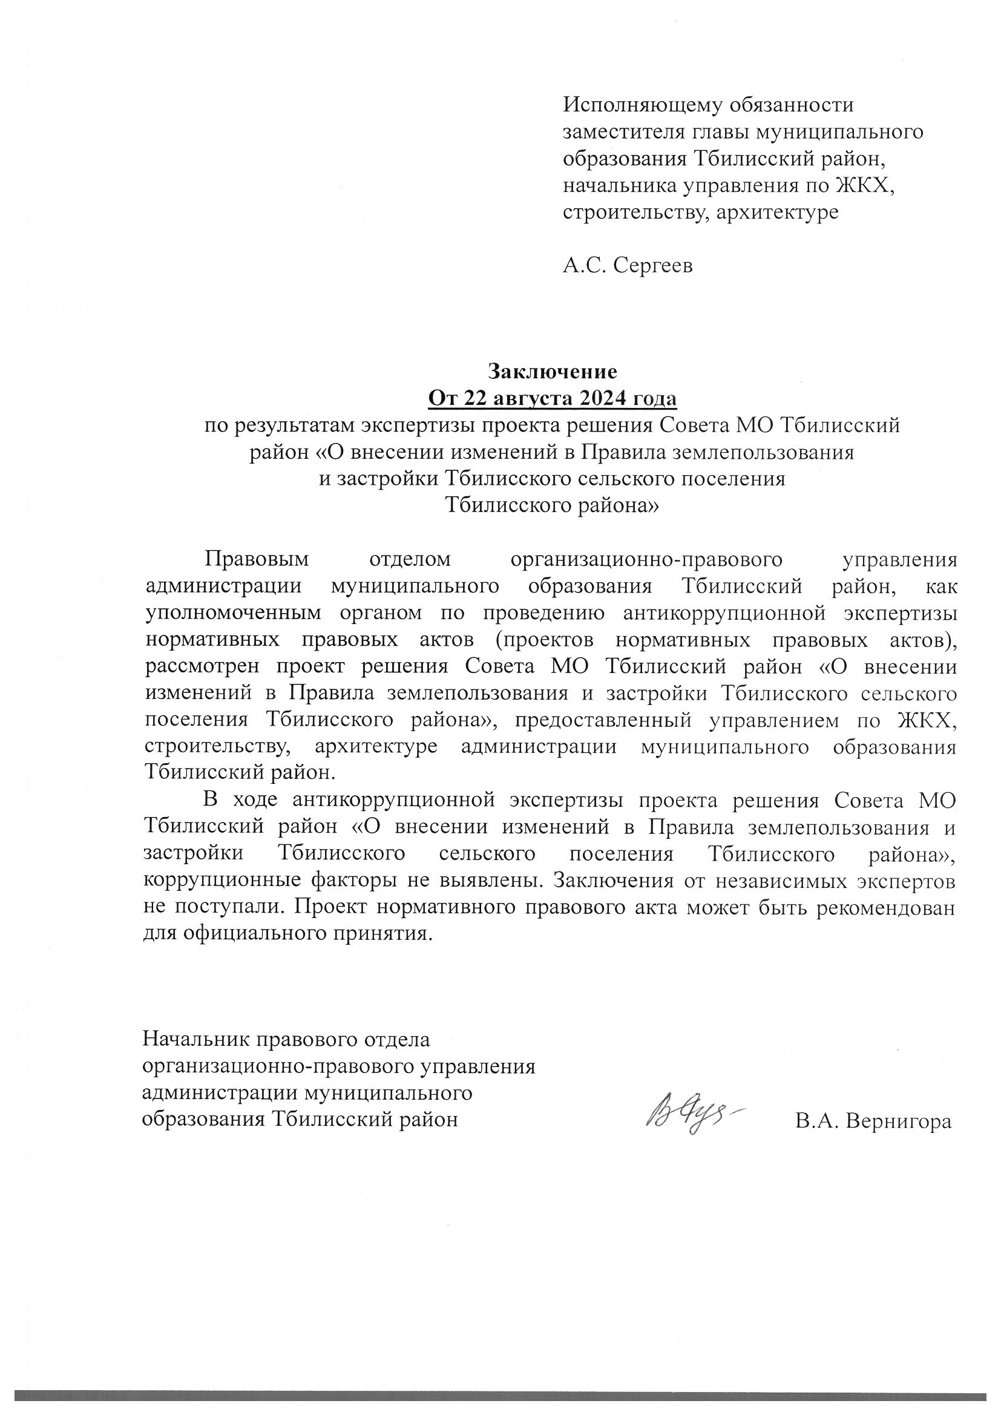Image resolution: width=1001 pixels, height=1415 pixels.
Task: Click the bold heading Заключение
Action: coord(553,372)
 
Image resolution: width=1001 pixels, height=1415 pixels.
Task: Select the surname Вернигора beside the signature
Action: coord(898,1121)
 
